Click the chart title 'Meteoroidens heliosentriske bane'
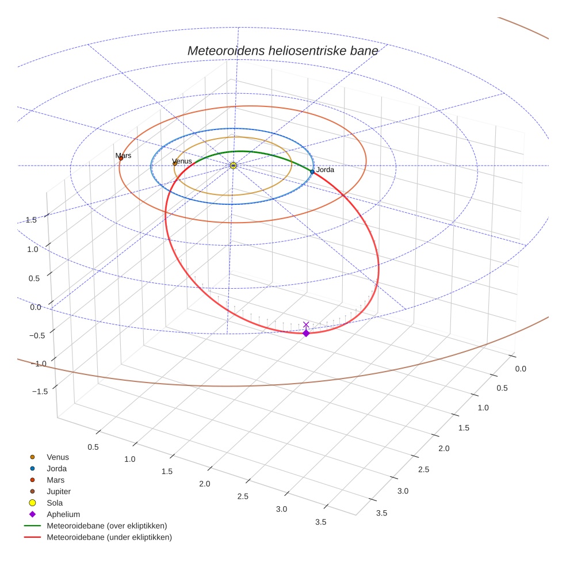coord(282,51)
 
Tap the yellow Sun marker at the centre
coord(233,166)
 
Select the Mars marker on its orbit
coord(121,158)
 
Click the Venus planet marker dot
coord(175,163)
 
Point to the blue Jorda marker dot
coord(312,171)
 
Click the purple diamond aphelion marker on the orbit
coord(306,333)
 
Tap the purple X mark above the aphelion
coord(306,324)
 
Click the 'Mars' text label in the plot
coord(123,155)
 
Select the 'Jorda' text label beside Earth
coord(325,170)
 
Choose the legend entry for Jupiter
coord(59,491)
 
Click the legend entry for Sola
coord(55,503)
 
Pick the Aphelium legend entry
coord(63,514)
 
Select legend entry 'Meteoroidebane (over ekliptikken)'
coord(106,526)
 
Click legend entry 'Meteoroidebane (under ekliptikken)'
coord(109,537)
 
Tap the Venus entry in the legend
coord(58,457)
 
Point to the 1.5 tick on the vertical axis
coord(31,220)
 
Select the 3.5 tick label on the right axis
coord(381,513)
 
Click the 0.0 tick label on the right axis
coord(520,368)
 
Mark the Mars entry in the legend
coord(55,480)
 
